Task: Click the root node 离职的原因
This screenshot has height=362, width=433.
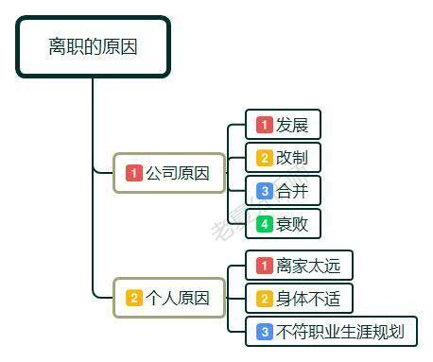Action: coord(93,46)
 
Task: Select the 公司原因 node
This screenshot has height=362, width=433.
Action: coord(169,173)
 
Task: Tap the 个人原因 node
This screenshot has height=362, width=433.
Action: coord(169,298)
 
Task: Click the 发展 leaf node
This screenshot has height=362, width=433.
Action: coord(284,125)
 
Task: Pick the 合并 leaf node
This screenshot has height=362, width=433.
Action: coord(284,191)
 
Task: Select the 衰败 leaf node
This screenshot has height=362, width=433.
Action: coord(284,224)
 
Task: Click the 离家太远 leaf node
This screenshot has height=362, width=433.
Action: coord(298,266)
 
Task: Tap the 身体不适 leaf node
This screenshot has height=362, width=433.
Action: coord(298,299)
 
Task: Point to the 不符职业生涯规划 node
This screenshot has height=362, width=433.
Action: coord(331,332)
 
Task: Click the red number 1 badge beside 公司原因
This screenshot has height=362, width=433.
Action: coord(134,173)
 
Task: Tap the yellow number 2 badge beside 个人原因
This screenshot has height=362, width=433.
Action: coord(134,298)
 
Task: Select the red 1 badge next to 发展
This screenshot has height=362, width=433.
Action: coord(265,125)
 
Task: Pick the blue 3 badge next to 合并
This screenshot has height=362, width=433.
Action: coord(265,191)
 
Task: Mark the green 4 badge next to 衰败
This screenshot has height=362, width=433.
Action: coord(265,224)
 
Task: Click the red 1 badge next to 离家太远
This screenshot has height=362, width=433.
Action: coord(265,266)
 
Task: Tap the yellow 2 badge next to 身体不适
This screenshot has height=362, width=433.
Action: coord(265,299)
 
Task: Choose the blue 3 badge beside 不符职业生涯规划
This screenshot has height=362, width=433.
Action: coord(265,332)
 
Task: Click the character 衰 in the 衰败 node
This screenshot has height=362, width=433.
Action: coord(284,224)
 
